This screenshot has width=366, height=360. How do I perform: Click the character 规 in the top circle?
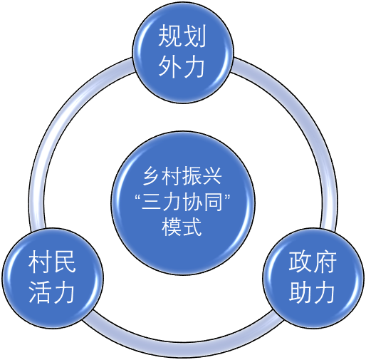tap(170, 36)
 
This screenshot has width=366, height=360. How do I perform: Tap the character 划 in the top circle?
tap(194, 36)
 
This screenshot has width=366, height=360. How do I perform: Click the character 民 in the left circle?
tap(64, 262)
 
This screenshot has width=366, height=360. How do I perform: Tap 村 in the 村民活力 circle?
tap(40, 262)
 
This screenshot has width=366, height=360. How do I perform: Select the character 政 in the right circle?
tap(300, 262)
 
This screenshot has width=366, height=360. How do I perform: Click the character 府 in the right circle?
tap(325, 262)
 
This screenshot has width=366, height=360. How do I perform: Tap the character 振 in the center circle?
tap(192, 176)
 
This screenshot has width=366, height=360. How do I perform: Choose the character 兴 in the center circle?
tap(212, 176)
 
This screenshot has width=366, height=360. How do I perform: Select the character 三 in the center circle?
tap(152, 202)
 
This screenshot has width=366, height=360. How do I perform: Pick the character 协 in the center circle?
tap(192, 202)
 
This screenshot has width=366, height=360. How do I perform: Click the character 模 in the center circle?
tap(172, 227)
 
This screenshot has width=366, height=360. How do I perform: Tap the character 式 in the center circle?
tap(192, 227)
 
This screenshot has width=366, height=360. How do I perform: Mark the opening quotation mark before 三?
tap(138, 197)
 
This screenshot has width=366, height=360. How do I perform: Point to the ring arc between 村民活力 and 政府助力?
tap(183, 349)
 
